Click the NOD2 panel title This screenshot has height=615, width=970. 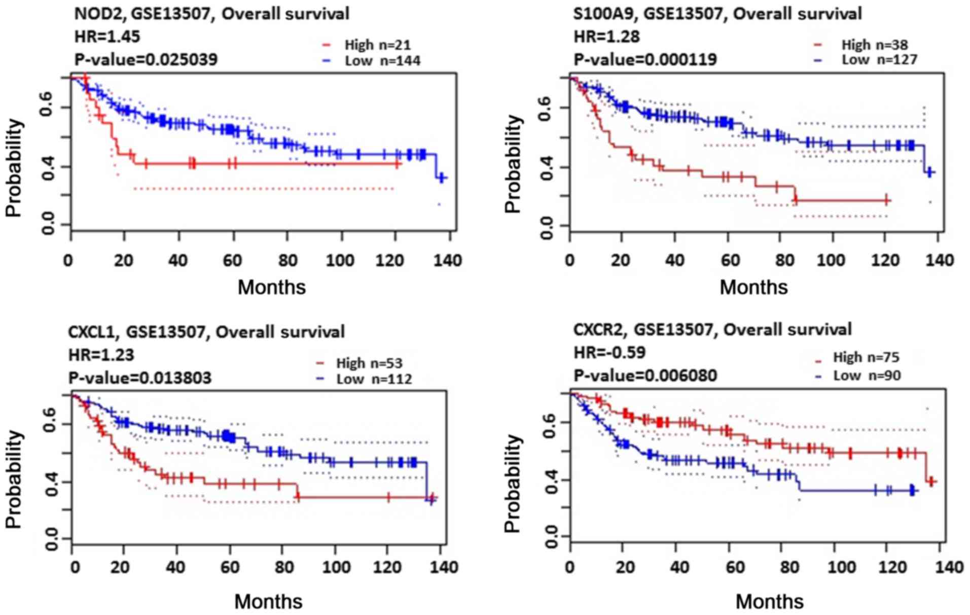click(211, 13)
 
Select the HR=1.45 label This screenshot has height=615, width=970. click(107, 37)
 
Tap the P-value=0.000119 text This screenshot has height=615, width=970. click(645, 59)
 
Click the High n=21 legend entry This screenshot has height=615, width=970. click(377, 45)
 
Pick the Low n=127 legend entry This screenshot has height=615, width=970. click(879, 60)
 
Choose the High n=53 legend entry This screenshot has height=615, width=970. click(369, 363)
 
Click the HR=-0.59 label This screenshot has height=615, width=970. click(609, 352)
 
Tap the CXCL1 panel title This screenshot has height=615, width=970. click(206, 332)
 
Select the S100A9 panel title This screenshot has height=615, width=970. click(717, 13)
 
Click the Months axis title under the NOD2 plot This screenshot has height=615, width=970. click(272, 287)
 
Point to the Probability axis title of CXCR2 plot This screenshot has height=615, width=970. click(513, 483)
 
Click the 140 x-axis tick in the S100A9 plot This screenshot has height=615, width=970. click(940, 260)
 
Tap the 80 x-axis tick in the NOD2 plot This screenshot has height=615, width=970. click(288, 260)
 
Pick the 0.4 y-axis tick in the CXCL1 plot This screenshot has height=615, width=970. click(51, 482)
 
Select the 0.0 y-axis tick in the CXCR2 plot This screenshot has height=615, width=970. click(551, 537)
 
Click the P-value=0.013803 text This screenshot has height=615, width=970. click(140, 378)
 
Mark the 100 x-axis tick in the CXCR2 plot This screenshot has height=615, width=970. click(842, 567)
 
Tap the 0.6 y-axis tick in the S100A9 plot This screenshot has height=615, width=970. click(546, 109)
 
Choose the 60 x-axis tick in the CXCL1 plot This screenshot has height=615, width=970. click(229, 567)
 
